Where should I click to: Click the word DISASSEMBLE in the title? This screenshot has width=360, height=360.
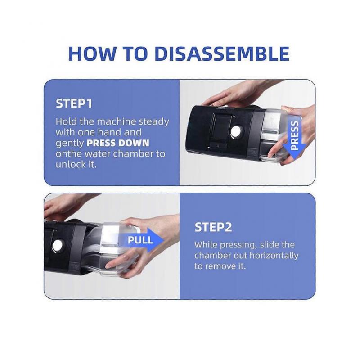coord(222,54)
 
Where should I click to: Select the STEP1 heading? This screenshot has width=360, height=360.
coord(74,103)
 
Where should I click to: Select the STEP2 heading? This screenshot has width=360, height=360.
coord(213,227)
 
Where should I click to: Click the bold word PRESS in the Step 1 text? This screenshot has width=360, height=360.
coord(101,143)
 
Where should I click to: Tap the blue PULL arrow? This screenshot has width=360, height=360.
coord(142,240)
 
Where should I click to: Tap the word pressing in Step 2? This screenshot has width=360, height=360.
coord(238,245)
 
